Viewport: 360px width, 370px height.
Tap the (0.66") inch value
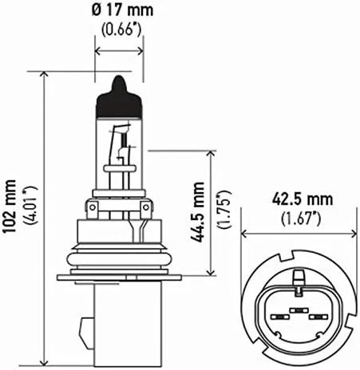point(120,32)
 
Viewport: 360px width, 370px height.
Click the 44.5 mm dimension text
point(198,211)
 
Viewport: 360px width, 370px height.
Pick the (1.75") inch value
point(224,211)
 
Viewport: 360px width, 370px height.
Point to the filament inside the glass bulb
point(119,148)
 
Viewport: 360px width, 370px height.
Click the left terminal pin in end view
point(278,317)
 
